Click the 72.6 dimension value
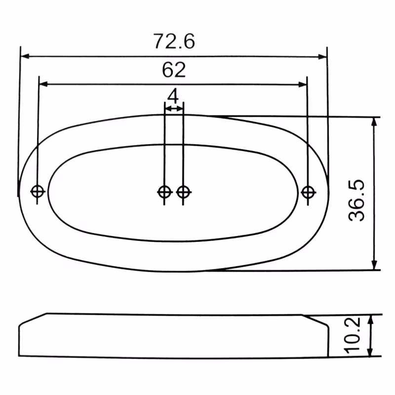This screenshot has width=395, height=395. click(174, 41)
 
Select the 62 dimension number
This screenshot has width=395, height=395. click(174, 70)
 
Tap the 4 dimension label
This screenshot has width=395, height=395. click(173, 94)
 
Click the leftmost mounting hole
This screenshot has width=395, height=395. click(38, 191)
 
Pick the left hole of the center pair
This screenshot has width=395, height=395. click(164, 191)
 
